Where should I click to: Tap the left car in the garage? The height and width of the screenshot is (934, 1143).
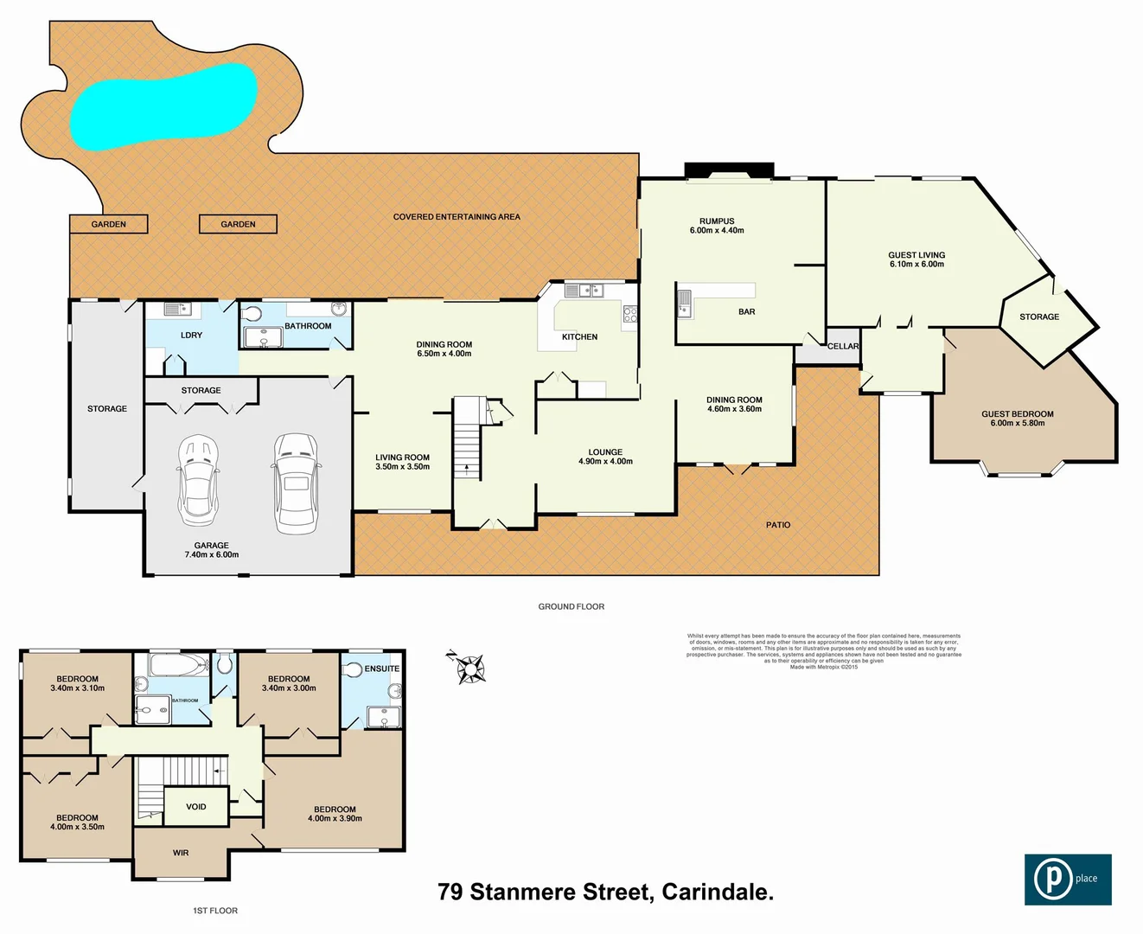tap(198, 480)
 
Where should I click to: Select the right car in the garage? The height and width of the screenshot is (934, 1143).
tap(296, 483)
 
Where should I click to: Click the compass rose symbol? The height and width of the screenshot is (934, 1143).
tap(469, 668)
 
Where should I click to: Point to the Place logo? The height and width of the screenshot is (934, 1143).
tap(1068, 880)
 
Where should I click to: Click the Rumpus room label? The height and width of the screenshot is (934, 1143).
tap(717, 226)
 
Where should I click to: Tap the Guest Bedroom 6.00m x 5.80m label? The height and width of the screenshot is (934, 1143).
tap(1018, 419)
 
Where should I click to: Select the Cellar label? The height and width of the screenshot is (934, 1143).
tap(843, 346)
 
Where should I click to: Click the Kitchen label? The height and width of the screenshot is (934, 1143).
tap(579, 336)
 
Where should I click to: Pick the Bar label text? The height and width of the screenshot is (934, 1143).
tap(747, 311)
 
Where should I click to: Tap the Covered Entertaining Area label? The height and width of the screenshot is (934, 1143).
tap(457, 216)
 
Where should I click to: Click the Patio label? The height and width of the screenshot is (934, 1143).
tap(778, 525)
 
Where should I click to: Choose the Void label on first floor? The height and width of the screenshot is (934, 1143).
tap(196, 807)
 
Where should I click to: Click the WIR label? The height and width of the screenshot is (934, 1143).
tap(181, 853)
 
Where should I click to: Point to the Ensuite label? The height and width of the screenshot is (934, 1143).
tap(381, 669)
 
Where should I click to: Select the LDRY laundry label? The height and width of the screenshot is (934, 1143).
tap(191, 335)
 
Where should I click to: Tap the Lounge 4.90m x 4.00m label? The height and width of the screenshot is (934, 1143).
tap(605, 457)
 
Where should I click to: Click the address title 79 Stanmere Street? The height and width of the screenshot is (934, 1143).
tap(605, 892)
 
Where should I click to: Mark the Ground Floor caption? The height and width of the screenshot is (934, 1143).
tap(571, 606)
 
